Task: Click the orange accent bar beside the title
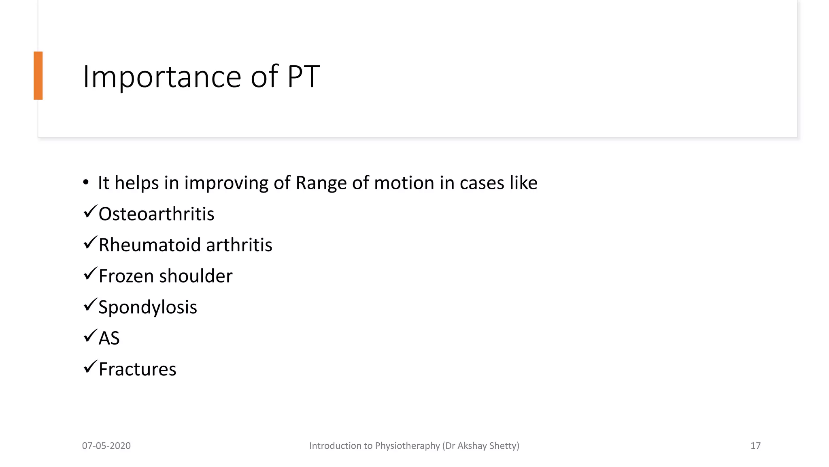click(38, 75)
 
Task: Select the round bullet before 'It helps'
click(85, 182)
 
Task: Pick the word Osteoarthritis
click(156, 214)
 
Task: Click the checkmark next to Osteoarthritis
click(90, 212)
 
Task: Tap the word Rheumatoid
click(150, 245)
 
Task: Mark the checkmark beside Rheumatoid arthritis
click(90, 242)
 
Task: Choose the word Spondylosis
click(148, 307)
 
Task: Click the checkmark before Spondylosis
click(90, 304)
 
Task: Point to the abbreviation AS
click(109, 338)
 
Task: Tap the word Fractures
click(137, 369)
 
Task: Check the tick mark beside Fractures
click(90, 367)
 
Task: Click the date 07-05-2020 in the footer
click(106, 446)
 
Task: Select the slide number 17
click(755, 446)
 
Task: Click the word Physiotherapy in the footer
click(407, 446)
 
